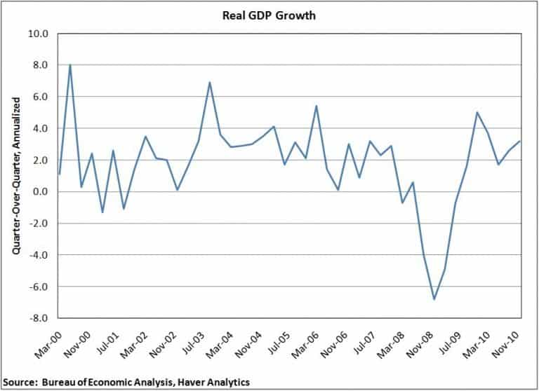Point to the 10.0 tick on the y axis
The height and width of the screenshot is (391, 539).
[x=38, y=34]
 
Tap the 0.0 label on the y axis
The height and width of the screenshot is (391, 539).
[x=40, y=192]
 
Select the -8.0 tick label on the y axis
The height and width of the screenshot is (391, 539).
[x=38, y=318]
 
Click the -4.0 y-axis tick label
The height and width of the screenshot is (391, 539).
[x=38, y=255]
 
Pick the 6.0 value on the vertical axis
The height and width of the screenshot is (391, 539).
[x=40, y=97]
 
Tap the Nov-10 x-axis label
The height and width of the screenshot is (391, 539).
[x=507, y=337]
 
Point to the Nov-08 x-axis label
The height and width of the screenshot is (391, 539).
[x=421, y=337]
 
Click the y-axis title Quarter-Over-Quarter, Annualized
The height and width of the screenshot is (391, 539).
[x=14, y=175]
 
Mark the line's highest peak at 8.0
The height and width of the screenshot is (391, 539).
[x=70, y=65]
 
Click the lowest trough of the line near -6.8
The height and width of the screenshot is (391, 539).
[x=434, y=299]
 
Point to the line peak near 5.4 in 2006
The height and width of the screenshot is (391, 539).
[x=317, y=107]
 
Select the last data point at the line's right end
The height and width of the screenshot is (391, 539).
[x=520, y=142]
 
